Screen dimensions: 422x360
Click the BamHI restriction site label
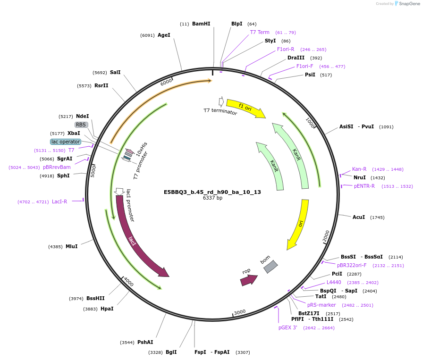pyautogui.click(x=201, y=24)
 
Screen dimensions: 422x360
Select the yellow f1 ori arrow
pyautogui.click(x=245, y=108)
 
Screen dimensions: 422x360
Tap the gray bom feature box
pyautogui.click(x=270, y=267)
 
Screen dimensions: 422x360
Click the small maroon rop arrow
pyautogui.click(x=249, y=280)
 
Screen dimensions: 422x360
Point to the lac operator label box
pyautogui.click(x=66, y=142)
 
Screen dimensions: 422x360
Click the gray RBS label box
pyautogui.click(x=81, y=125)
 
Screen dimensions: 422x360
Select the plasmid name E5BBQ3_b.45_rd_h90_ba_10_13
pyautogui.click(x=212, y=192)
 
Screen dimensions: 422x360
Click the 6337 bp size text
pyautogui.click(x=212, y=198)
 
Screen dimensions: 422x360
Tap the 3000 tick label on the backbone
pyautogui.click(x=239, y=312)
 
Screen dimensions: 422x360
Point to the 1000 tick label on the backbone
pyautogui.click(x=310, y=123)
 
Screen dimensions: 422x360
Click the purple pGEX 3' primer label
pyautogui.click(x=287, y=328)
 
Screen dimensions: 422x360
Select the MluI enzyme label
pyautogui.click(x=72, y=246)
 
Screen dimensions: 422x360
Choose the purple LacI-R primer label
pyautogui.click(x=59, y=201)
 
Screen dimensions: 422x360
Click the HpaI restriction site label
pyautogui.click(x=107, y=309)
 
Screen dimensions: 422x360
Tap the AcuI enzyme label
pyautogui.click(x=359, y=217)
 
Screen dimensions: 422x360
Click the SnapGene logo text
pyautogui.click(x=409, y=3)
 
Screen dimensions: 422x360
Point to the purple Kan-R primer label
pyautogui.click(x=359, y=169)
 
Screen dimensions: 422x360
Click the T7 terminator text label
pyautogui.click(x=220, y=111)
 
